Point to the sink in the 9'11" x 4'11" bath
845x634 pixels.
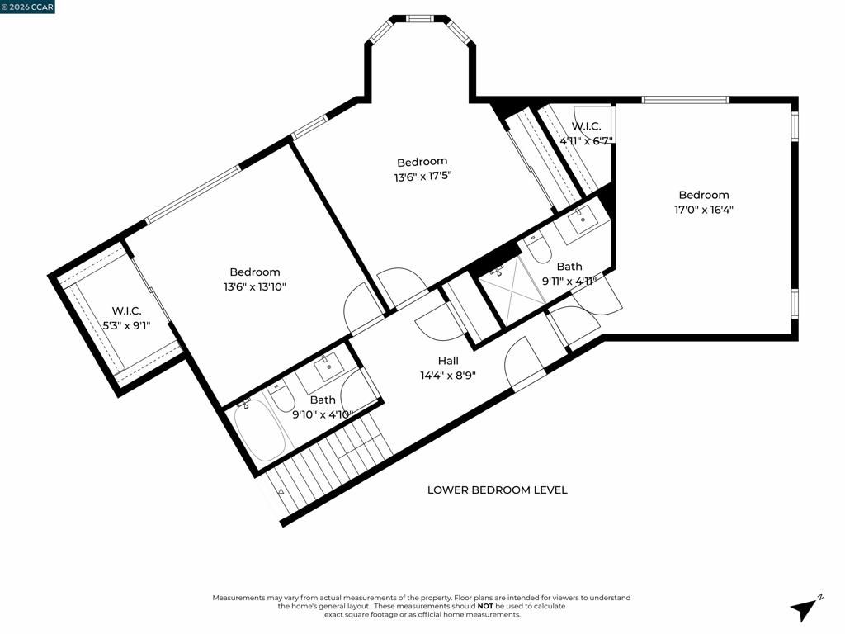tap(582, 218)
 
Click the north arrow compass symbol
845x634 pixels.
tap(805, 608)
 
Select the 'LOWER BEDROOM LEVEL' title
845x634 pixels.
tap(497, 490)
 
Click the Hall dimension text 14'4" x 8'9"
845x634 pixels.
tap(448, 375)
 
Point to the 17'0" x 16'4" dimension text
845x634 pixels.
tap(704, 210)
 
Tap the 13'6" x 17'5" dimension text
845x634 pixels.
tap(422, 176)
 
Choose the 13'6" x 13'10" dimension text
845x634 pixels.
tap(254, 286)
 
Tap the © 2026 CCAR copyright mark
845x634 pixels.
tap(27, 7)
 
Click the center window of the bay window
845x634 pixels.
tap(420, 17)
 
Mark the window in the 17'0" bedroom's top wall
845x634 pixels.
tap(685, 100)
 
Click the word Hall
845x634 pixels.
tap(448, 361)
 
